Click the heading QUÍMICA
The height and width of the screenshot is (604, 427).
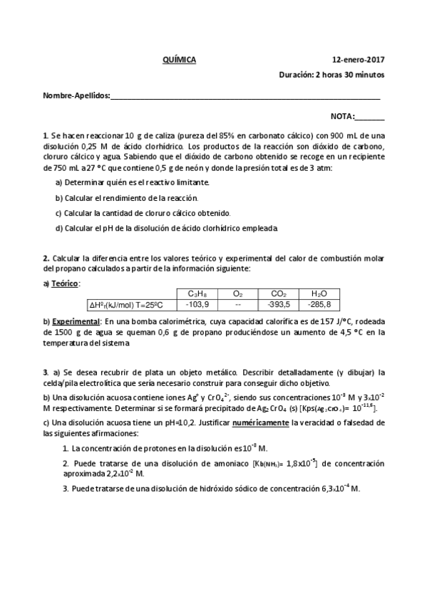pos(179,61)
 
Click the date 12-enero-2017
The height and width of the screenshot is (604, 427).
pos(359,61)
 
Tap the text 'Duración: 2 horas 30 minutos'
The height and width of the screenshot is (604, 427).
pos(331,74)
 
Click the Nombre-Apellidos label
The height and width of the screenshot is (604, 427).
pos(76,95)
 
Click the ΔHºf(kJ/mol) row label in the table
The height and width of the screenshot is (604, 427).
pos(126,305)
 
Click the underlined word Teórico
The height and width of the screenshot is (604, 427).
pos(65,283)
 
